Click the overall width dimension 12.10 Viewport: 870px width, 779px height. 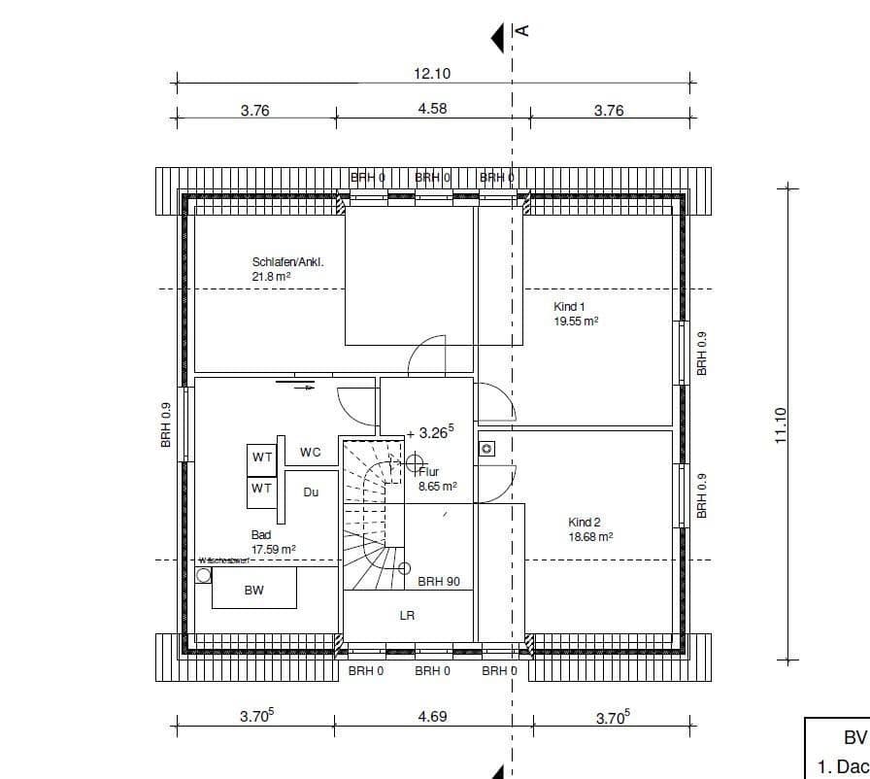pos(432,73)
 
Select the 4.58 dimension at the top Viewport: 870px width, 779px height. pos(432,109)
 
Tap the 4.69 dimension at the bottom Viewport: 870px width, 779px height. pos(432,717)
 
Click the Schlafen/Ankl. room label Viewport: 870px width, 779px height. pos(287,262)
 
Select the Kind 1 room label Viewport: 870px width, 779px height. pos(569,306)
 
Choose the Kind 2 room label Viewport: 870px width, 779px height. pos(585,523)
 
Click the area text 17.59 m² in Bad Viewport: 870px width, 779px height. pos(274,549)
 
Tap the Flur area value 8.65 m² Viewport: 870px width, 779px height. pos(437,487)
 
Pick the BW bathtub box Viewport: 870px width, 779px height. pos(253,590)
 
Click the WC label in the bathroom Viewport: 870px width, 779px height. pos(310,452)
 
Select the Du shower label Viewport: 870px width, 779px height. pos(311,492)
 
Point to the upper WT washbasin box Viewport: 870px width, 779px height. pos(262,457)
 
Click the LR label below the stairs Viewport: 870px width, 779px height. pos(408,616)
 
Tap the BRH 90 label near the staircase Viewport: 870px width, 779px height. pos(439,582)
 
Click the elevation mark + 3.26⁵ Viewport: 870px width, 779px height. pos(431,432)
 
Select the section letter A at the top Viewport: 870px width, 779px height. pos(521,30)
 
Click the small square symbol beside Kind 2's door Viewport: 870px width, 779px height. pos(487,449)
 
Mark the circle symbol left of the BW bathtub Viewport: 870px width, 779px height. pos(203,575)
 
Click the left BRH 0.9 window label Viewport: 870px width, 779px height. pos(166,424)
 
